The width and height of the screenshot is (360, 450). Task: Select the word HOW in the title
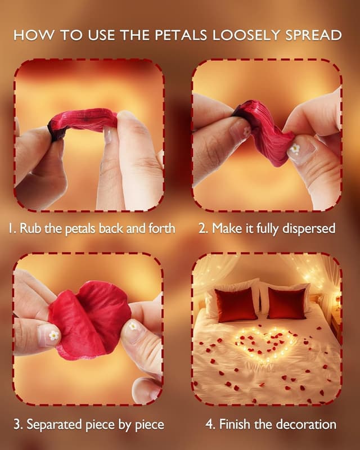click(x=34, y=35)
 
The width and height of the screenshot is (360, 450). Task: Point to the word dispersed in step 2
click(x=309, y=229)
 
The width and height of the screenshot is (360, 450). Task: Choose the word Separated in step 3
click(x=56, y=425)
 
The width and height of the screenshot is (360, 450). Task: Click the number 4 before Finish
click(x=209, y=425)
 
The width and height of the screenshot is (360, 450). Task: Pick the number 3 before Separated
click(x=17, y=425)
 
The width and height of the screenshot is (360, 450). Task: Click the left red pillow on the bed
click(x=236, y=305)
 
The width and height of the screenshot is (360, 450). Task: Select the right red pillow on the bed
click(x=287, y=304)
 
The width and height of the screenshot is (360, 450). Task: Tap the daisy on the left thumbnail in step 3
click(x=53, y=335)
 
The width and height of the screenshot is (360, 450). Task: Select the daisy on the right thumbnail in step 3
click(x=133, y=326)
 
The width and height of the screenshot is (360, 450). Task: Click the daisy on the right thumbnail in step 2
click(x=295, y=148)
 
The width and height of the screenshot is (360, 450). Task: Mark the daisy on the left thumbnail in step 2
click(x=246, y=132)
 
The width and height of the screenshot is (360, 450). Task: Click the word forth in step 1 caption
click(x=161, y=228)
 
